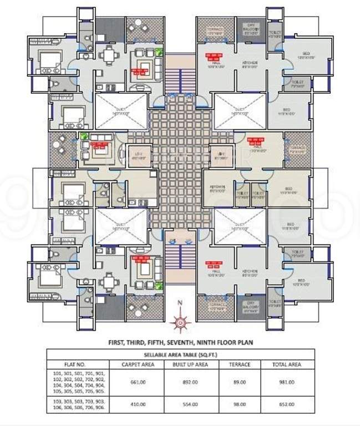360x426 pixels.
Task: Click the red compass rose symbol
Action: click(x=180, y=321)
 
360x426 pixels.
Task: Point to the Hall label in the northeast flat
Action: click(x=211, y=62)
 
